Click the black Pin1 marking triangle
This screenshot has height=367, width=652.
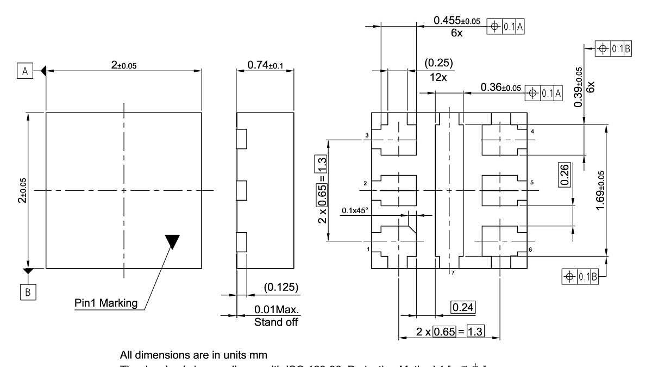click(x=172, y=241)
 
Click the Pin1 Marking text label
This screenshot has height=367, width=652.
click(x=106, y=303)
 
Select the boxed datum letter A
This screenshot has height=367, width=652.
click(x=24, y=70)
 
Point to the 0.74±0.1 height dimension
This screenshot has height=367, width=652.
click(x=265, y=65)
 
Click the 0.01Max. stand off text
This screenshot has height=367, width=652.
click(x=277, y=310)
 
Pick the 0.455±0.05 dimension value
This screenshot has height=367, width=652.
click(x=457, y=21)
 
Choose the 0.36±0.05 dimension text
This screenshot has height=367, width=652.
click(x=500, y=87)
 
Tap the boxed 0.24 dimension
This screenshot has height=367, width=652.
click(x=462, y=308)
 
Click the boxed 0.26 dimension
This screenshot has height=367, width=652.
click(x=564, y=175)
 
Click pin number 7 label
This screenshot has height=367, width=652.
click(x=453, y=273)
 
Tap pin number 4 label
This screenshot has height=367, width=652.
click(x=532, y=132)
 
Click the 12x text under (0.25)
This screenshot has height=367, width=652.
click(x=438, y=77)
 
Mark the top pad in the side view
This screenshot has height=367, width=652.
click(x=242, y=139)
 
